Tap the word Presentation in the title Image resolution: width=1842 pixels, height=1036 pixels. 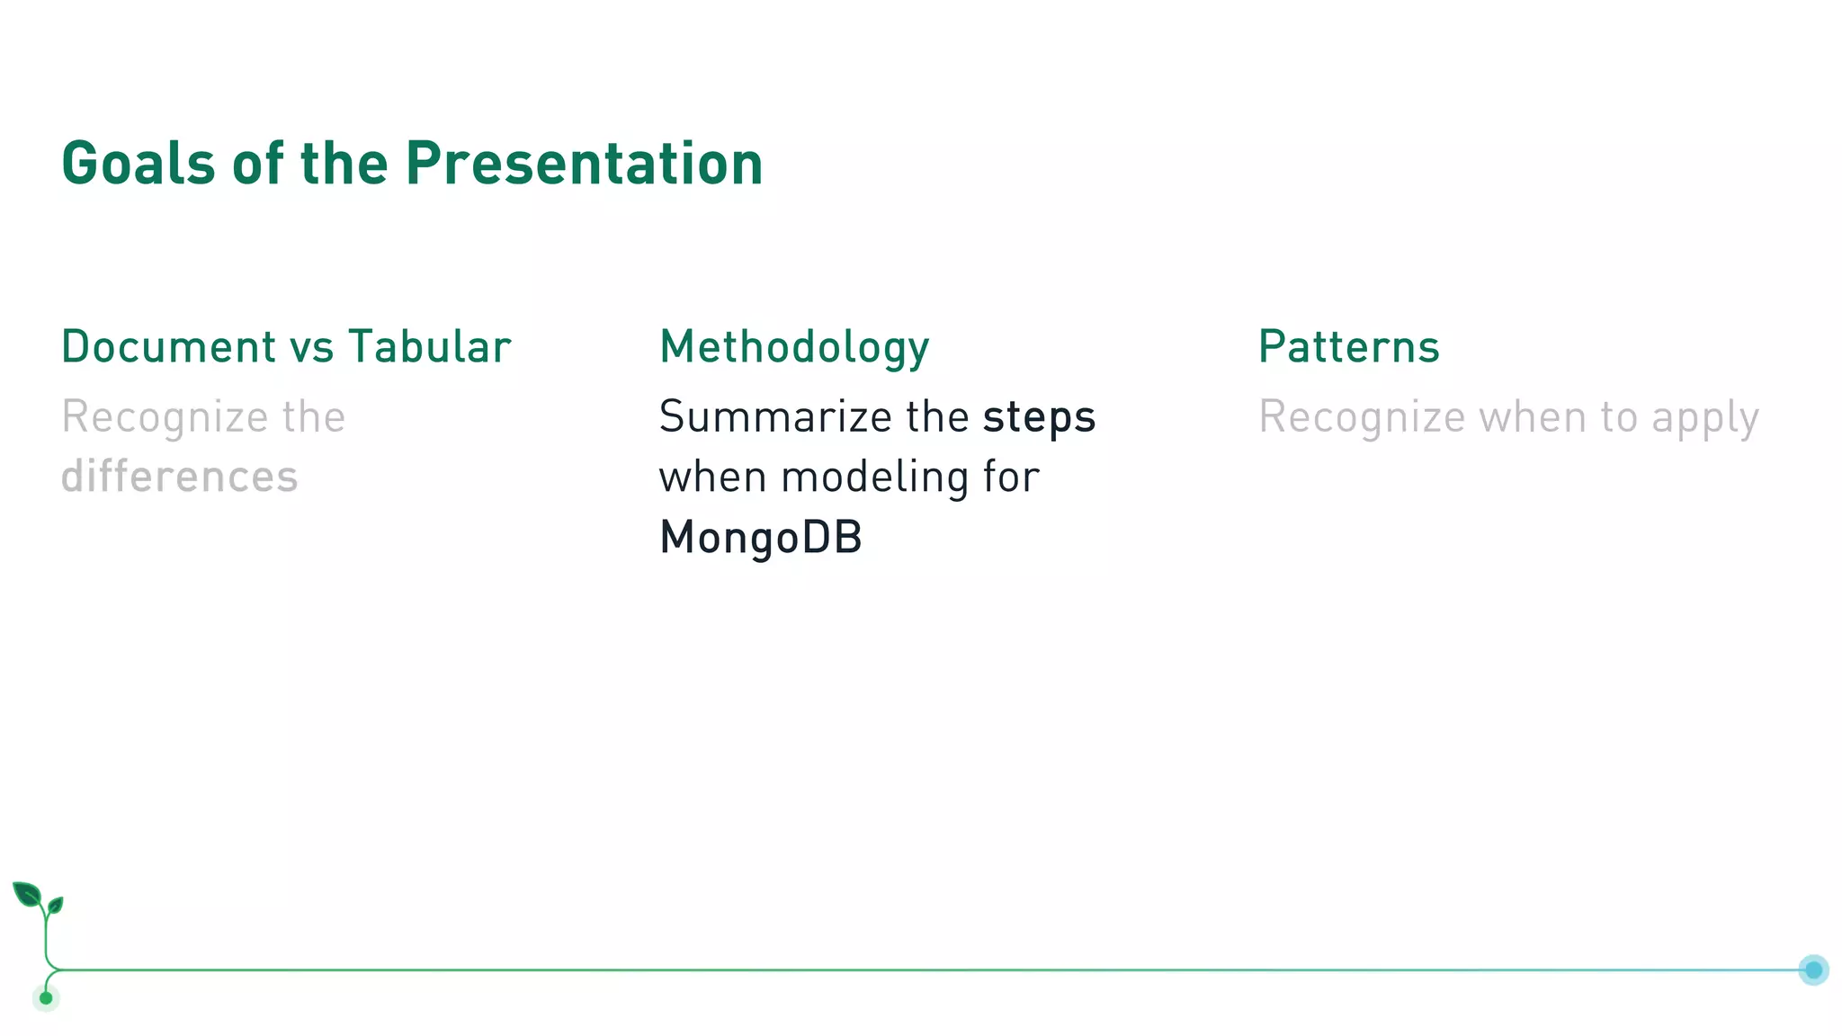584,164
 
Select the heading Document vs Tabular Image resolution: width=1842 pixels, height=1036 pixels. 286,347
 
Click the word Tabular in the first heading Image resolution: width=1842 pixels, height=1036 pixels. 430,347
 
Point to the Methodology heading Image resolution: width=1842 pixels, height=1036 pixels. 794,348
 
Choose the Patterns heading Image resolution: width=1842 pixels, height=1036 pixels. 1348,347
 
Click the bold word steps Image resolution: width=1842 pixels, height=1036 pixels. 1039,417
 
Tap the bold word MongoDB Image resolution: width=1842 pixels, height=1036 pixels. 761,538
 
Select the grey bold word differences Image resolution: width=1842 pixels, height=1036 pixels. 179,477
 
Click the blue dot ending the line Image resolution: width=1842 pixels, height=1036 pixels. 1813,969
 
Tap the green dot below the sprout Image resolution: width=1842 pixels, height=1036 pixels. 46,997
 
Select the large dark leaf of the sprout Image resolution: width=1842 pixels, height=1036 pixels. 27,895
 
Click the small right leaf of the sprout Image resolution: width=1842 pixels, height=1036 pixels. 56,904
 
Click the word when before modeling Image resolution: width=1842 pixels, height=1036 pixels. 712,478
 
